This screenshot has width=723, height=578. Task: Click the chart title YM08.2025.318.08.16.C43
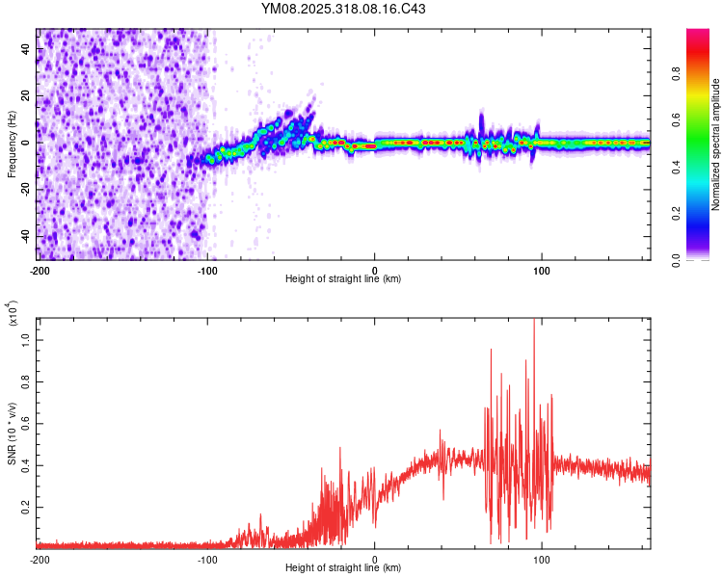pyautogui.click(x=344, y=10)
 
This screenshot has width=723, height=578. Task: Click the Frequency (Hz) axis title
pyautogui.click(x=11, y=144)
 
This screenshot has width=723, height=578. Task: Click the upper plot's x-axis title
pyautogui.click(x=343, y=279)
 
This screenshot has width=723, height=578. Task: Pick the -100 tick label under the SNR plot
pyautogui.click(x=207, y=559)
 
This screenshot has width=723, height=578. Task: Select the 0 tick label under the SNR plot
pyautogui.click(x=375, y=559)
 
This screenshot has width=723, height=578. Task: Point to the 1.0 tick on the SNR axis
pyautogui.click(x=26, y=339)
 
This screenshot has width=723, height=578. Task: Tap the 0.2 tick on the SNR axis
pyautogui.click(x=26, y=506)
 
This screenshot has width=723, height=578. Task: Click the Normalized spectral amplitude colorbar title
pyautogui.click(x=716, y=144)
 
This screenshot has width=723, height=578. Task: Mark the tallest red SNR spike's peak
pyautogui.click(x=533, y=321)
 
